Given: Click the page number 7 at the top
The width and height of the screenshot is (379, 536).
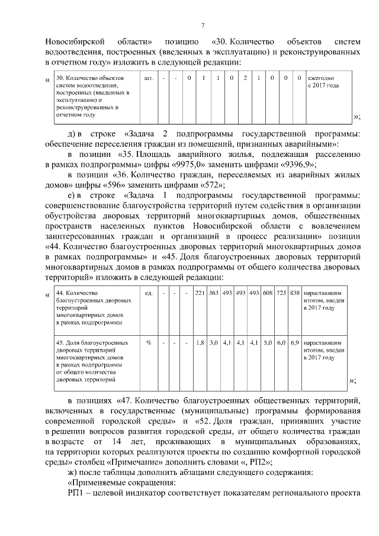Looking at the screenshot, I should click(x=203, y=25).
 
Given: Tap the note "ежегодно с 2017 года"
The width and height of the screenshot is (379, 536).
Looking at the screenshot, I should click(x=323, y=82).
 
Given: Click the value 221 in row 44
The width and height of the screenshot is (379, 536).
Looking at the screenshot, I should click(x=200, y=293).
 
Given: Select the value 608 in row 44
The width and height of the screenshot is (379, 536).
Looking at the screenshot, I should click(x=268, y=293).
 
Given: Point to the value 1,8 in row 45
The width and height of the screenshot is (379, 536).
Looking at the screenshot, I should click(x=200, y=343).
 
